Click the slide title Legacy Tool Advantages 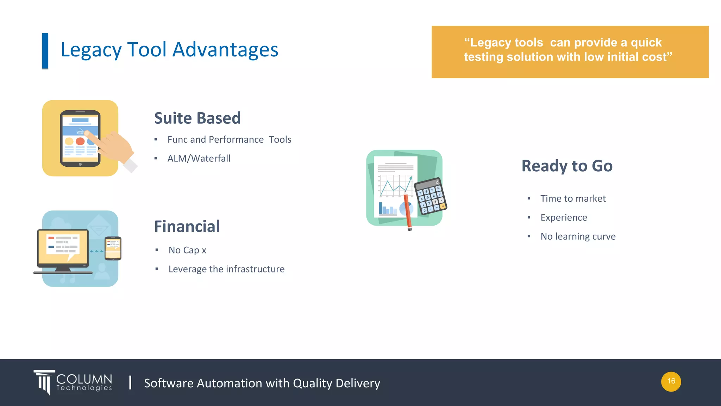click(169, 50)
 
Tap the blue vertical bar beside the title click(45, 51)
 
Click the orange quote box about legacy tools click(570, 52)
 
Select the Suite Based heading click(197, 118)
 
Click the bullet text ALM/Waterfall click(199, 159)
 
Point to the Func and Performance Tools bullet click(229, 140)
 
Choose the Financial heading click(187, 226)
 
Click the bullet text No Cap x click(187, 250)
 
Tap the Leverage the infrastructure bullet click(226, 269)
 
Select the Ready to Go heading click(567, 166)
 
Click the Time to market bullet click(573, 199)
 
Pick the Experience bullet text click(564, 217)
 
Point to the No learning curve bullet click(578, 236)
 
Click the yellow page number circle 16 click(671, 381)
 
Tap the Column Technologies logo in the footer click(73, 382)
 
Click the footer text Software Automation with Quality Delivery click(262, 383)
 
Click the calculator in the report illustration click(430, 196)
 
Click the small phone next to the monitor click(113, 248)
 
